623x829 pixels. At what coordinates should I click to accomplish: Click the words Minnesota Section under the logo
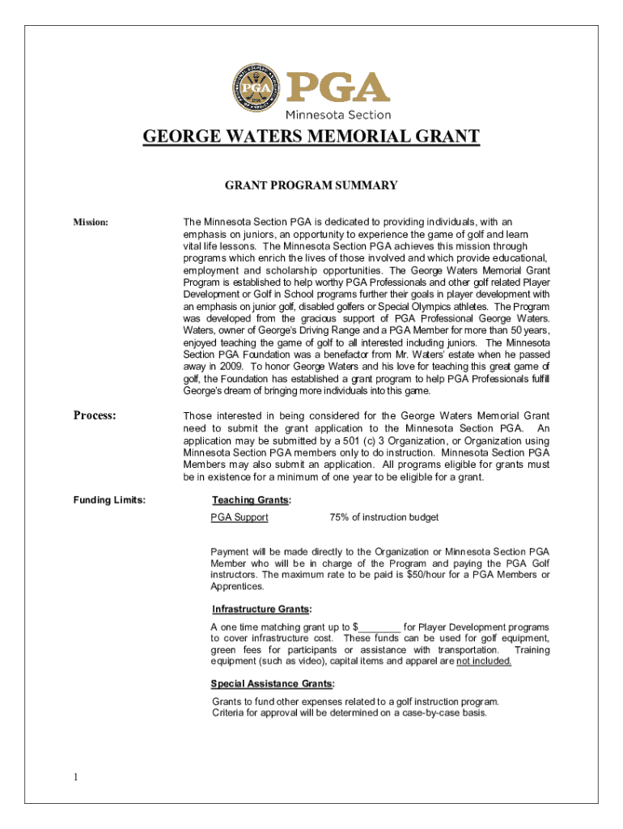[x=337, y=115]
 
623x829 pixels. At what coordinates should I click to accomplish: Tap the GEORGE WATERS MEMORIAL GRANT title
[x=311, y=136]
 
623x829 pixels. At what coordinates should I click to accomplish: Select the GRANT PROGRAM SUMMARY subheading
[x=311, y=186]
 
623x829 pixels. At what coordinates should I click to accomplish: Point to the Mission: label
[x=91, y=222]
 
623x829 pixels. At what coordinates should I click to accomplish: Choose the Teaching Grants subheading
[x=251, y=500]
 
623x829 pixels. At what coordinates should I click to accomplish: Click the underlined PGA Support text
[x=239, y=517]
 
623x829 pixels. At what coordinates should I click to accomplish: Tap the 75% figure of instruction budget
[x=340, y=517]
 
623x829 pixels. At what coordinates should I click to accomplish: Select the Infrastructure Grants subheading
[x=261, y=609]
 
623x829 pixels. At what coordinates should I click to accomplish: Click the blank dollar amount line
[x=379, y=627]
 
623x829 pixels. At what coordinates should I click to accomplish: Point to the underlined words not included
[x=484, y=661]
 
